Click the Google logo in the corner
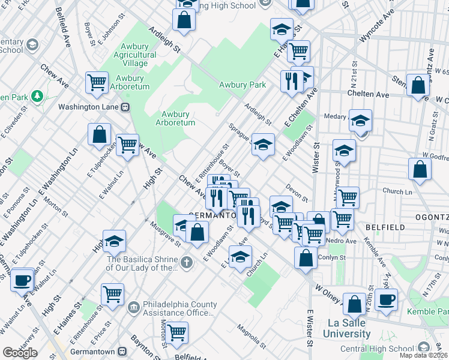point(20,352)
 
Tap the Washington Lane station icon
point(125,107)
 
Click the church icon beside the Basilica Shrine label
point(187,262)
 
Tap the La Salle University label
point(346,328)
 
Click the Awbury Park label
point(242,85)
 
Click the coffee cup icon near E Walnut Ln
point(22,279)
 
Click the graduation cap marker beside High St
point(114,241)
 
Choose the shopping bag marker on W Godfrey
point(420,169)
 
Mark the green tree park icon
point(37,96)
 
